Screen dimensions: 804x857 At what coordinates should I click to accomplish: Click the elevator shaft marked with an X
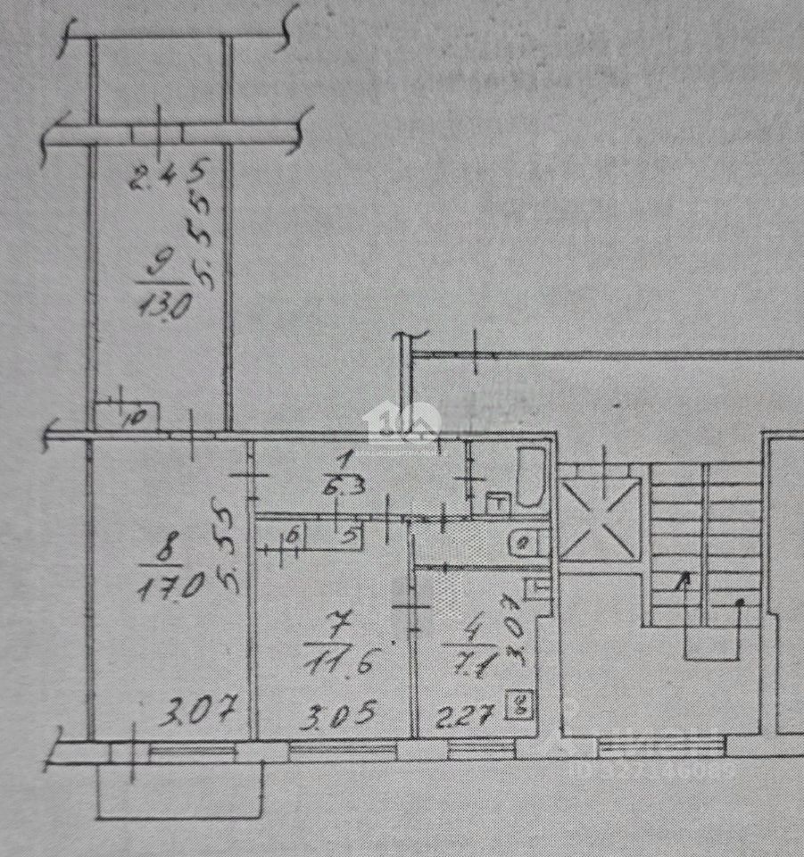click(x=600, y=519)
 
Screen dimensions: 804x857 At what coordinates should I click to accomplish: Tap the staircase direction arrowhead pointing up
click(x=684, y=581)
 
